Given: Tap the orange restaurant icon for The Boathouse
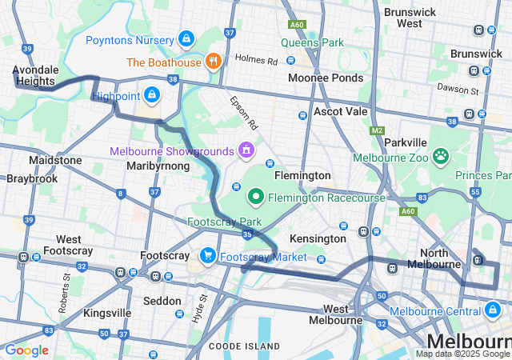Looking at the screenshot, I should point(213,61).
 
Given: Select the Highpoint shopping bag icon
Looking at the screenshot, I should point(152,95).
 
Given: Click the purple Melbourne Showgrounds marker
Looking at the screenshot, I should point(246,150).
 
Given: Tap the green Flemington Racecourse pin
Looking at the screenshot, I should point(256,195).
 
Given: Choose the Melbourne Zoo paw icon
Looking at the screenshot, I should point(440,156).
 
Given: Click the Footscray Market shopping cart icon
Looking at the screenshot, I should point(208,256).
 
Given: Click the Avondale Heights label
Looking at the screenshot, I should point(34,75).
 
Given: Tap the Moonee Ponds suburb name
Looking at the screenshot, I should point(326,78).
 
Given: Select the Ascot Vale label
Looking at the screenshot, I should point(341,111).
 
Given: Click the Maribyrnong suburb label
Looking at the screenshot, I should point(158,166).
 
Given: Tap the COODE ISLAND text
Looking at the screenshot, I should point(244,346).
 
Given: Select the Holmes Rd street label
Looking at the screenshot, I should point(256,59).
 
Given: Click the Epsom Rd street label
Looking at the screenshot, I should point(244,114).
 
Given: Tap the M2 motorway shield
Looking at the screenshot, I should point(378,130).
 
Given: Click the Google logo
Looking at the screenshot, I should point(26,350).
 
